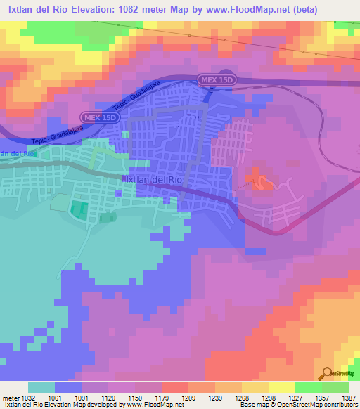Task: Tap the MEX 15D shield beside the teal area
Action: [99, 117]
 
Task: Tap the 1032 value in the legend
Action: [27, 397]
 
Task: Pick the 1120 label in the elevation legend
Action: [108, 397]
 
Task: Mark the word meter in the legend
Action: [10, 397]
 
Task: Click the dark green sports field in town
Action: [79, 209]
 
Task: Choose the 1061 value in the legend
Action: [54, 397]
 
